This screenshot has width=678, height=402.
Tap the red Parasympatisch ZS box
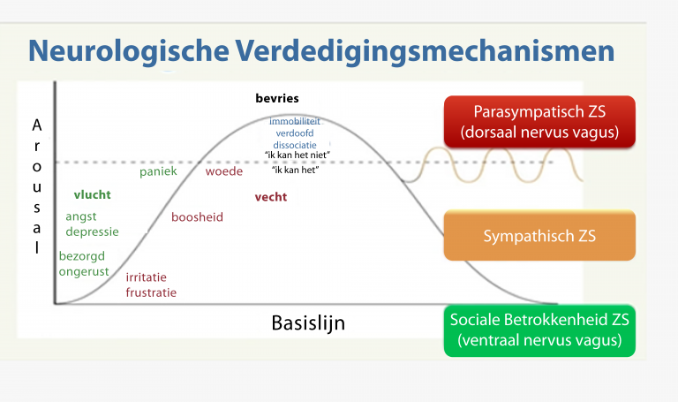point(540,123)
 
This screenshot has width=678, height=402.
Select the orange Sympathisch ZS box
point(539,236)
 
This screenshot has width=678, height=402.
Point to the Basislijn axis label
point(308,323)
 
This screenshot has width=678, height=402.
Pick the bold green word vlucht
point(92,194)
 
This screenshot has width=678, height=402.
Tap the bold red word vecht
point(270,197)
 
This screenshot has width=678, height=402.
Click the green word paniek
point(158,171)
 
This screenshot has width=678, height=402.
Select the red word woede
point(224,171)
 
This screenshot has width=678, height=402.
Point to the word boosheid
point(197,216)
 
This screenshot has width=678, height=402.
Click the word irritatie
point(147,277)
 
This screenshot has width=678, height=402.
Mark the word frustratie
point(151,292)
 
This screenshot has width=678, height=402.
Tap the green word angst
point(81,216)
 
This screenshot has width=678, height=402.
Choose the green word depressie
point(93,231)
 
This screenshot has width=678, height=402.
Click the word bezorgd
point(82,256)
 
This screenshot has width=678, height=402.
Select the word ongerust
point(84,271)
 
